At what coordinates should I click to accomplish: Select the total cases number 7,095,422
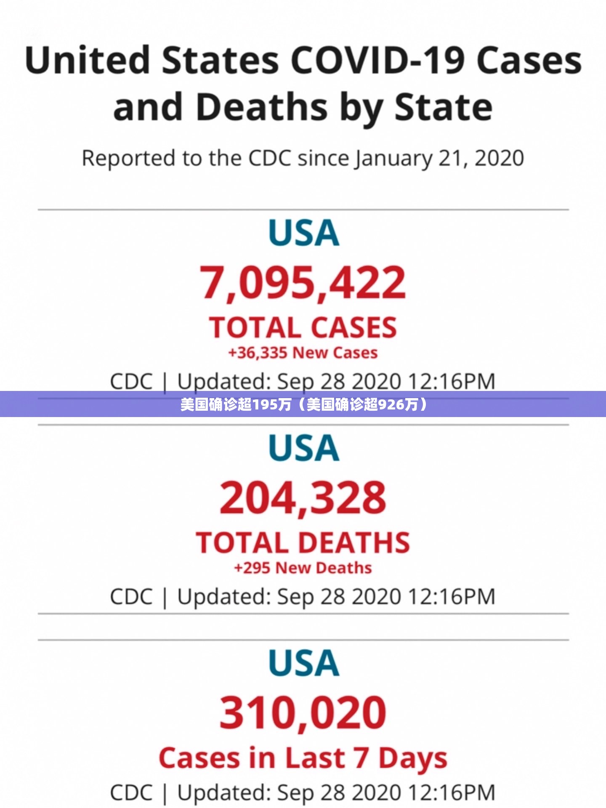(303, 283)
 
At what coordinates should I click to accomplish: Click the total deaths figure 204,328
(303, 498)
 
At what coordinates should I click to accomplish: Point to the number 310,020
(303, 712)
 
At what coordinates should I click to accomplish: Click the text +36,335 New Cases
(303, 353)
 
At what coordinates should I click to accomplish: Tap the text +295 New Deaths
(303, 568)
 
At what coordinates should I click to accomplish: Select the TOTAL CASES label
(303, 327)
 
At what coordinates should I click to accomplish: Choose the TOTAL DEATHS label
(303, 542)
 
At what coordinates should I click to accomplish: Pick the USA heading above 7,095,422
(303, 233)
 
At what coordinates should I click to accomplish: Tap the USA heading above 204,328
(303, 448)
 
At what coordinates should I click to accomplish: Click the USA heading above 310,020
(303, 663)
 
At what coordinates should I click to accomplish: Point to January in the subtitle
(393, 159)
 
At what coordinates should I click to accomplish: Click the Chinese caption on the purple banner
(303, 404)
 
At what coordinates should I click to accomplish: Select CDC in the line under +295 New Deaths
(131, 597)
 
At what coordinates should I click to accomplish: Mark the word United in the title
(88, 61)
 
